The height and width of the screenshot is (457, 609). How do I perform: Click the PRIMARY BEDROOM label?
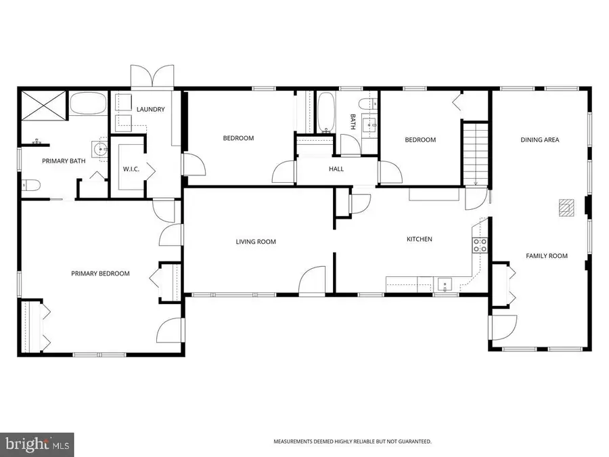(x=100, y=274)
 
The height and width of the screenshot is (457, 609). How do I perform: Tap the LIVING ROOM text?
(x=256, y=242)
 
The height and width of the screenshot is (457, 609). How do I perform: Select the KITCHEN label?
(x=419, y=239)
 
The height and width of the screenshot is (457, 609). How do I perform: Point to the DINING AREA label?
(x=539, y=140)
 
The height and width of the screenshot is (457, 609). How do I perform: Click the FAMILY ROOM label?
(x=547, y=256)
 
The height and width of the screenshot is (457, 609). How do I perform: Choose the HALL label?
(x=336, y=169)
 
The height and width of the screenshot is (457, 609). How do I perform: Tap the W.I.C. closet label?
(x=131, y=169)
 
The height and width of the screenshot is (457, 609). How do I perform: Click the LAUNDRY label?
(x=150, y=110)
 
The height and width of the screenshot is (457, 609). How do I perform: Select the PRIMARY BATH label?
(x=62, y=161)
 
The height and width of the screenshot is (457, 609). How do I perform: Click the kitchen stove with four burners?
(x=480, y=245)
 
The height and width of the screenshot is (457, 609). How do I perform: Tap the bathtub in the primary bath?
(x=88, y=105)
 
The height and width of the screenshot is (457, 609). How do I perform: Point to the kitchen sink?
(x=444, y=284)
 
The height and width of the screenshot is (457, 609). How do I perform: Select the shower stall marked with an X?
(x=42, y=105)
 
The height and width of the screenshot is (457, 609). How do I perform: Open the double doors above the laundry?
(x=152, y=77)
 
